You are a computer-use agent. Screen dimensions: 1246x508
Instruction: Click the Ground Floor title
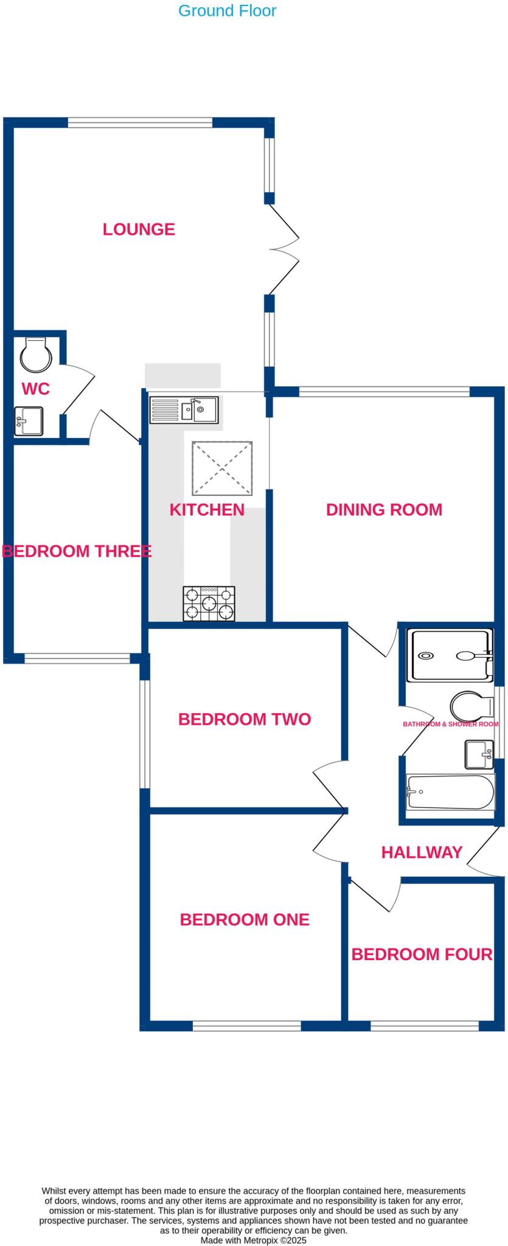[227, 10]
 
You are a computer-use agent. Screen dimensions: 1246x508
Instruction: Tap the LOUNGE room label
[139, 229]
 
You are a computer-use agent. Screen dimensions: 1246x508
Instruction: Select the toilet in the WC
[35, 355]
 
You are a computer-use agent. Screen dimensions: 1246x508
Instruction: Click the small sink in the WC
[29, 421]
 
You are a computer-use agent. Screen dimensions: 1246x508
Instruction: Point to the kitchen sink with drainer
[184, 409]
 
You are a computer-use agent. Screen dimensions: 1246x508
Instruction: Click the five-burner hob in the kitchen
[209, 604]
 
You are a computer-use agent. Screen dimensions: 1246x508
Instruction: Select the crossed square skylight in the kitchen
[223, 468]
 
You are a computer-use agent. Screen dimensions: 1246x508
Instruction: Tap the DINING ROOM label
[384, 510]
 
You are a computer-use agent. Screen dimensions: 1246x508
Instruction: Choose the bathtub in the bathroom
[450, 792]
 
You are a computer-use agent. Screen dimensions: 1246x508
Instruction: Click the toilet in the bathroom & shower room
[471, 706]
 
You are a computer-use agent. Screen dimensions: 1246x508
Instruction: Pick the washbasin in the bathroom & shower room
[479, 754]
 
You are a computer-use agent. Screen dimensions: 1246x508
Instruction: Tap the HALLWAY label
[422, 852]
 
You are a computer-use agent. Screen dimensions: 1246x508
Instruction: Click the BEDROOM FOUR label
[422, 954]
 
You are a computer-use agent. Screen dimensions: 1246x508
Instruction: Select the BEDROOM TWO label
[245, 719]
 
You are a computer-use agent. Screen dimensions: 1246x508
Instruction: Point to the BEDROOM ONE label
[245, 919]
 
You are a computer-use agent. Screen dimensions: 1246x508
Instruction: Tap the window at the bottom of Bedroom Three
[77, 658]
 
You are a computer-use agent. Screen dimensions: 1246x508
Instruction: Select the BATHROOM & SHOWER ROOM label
[450, 724]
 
